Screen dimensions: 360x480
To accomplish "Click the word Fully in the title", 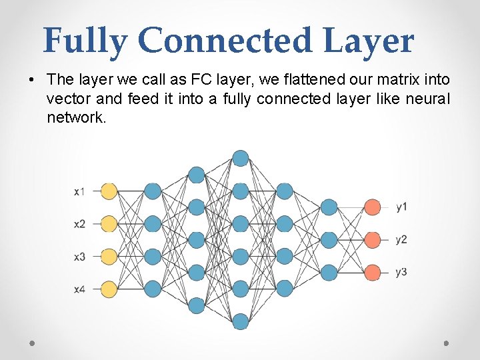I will click(x=85, y=41).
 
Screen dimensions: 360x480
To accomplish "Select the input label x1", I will click(x=79, y=192).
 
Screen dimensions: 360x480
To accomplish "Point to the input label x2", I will click(x=79, y=224).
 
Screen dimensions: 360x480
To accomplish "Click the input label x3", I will click(x=79, y=257).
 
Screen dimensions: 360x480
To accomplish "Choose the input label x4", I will click(x=79, y=289).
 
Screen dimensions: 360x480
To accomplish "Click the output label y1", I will click(x=401, y=207).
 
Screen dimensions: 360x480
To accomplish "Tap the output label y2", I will click(x=401, y=239).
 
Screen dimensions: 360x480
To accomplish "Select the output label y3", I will click(x=401, y=272).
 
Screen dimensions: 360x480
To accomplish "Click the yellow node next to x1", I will click(x=109, y=191).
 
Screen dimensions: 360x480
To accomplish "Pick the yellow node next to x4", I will click(x=109, y=289).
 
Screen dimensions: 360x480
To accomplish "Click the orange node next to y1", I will click(x=373, y=207).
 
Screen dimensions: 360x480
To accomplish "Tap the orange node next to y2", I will click(x=373, y=239).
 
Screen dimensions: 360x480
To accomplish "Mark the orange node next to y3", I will click(x=373, y=272).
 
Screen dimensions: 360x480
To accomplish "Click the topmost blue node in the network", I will click(x=241, y=159).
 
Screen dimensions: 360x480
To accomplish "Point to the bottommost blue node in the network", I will click(x=241, y=321).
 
